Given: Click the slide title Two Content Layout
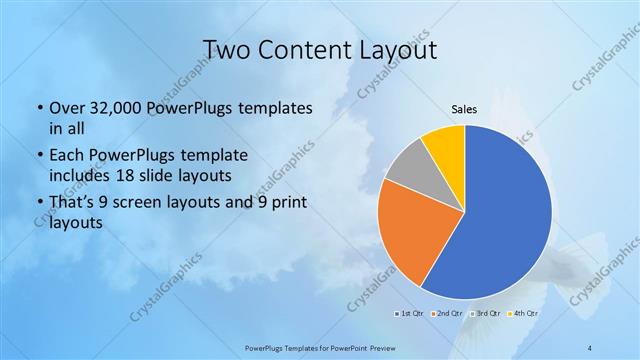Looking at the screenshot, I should (x=320, y=50).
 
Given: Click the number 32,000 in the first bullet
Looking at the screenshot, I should (x=111, y=109).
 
